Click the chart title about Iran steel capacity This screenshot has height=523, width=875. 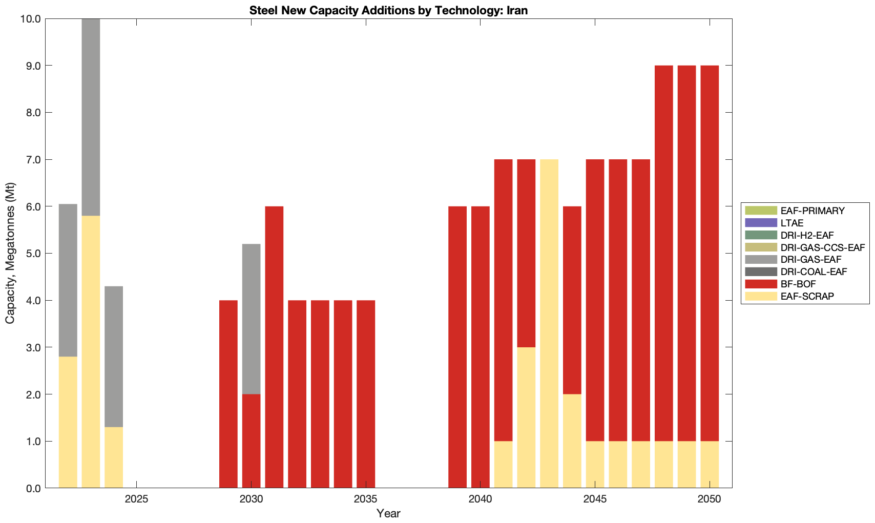click(x=388, y=10)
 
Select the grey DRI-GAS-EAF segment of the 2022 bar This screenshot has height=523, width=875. click(x=68, y=280)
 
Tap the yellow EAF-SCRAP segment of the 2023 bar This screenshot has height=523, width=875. click(x=91, y=351)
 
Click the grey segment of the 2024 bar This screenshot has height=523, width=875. click(x=114, y=357)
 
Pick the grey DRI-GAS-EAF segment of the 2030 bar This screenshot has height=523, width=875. click(x=251, y=319)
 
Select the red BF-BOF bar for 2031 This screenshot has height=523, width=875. click(x=274, y=347)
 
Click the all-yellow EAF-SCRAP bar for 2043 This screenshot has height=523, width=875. click(x=549, y=323)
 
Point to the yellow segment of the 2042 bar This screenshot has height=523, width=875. click(x=526, y=417)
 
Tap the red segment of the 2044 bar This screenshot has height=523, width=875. click(x=572, y=300)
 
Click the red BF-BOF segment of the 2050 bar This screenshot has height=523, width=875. click(x=710, y=253)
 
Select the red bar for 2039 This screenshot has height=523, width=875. click(x=457, y=347)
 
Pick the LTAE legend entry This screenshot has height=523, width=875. click(x=791, y=223)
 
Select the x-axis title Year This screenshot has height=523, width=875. click(x=388, y=513)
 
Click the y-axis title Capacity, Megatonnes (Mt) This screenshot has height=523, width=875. click(x=10, y=253)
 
